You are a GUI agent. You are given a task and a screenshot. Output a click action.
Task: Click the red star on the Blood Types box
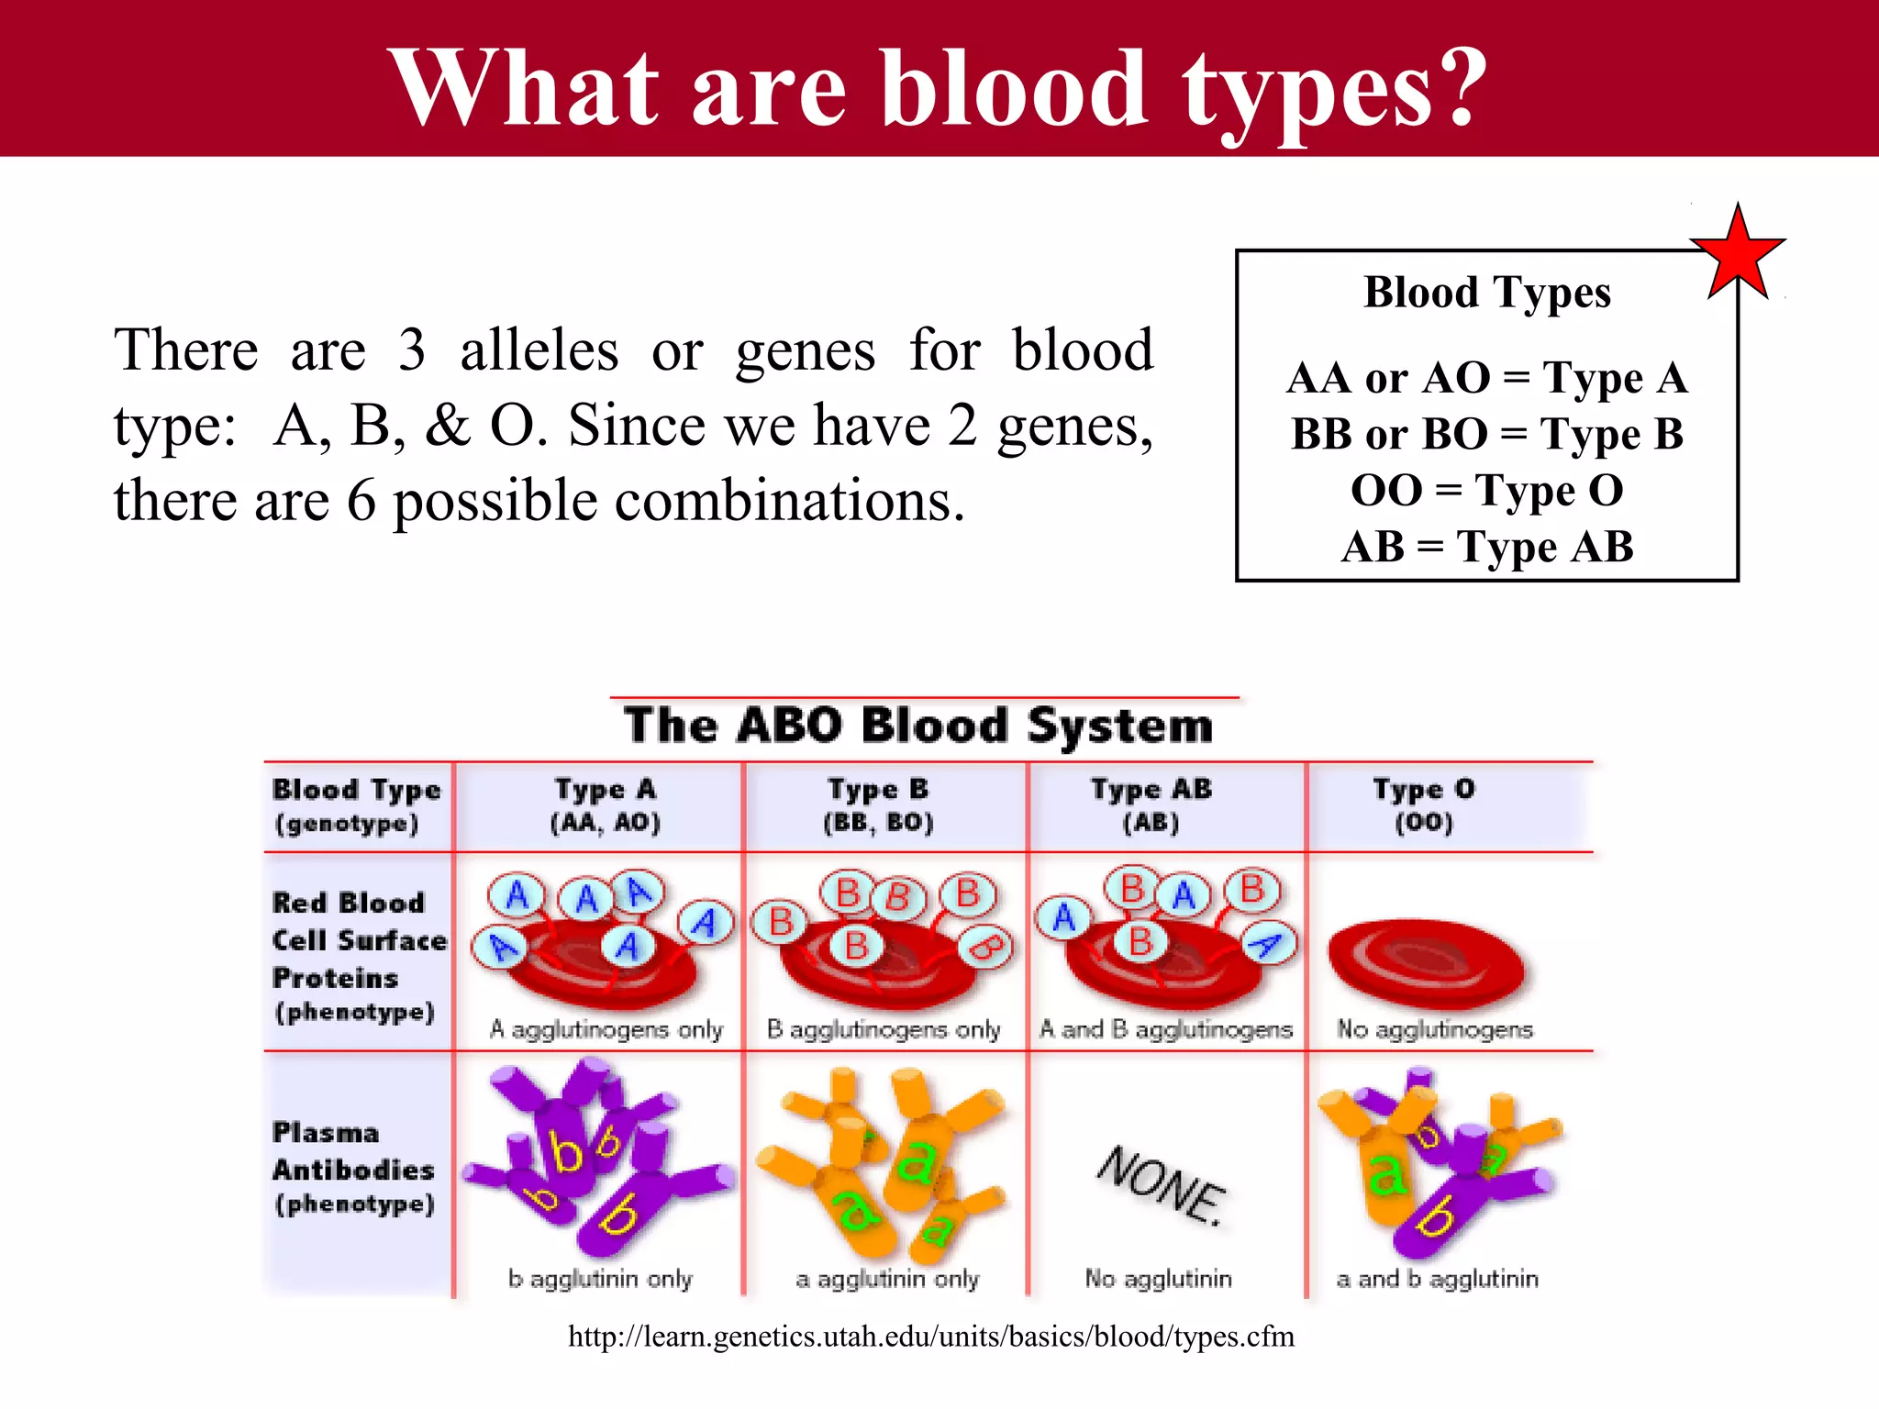(1737, 254)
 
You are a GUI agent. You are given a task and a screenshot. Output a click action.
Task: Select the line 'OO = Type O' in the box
(1486, 490)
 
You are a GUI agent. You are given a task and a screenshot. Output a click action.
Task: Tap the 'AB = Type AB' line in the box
(1486, 547)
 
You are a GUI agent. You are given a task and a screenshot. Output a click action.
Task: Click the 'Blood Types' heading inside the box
(1486, 293)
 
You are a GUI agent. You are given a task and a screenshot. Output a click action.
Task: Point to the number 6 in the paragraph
(361, 501)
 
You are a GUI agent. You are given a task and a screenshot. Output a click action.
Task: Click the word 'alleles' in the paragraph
(539, 350)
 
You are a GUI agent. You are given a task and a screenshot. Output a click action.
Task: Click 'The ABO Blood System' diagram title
(918, 726)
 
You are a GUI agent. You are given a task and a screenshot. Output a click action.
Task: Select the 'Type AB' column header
(1151, 804)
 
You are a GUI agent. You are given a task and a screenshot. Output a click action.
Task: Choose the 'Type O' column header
(1423, 804)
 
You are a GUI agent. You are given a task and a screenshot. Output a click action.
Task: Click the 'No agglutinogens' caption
(1434, 1029)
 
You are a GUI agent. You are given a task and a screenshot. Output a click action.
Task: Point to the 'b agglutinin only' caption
(600, 1278)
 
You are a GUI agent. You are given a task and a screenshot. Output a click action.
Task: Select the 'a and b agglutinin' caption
(1437, 1278)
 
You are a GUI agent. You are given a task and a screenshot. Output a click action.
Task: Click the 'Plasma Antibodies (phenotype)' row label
(353, 1168)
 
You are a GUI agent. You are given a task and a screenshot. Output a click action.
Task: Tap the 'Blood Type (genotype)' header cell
(355, 804)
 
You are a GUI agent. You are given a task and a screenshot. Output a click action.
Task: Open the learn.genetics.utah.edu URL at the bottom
(930, 1337)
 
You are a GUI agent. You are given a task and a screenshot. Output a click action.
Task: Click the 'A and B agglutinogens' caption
(1165, 1029)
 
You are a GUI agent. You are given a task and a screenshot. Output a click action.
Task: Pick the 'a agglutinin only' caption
(887, 1278)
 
